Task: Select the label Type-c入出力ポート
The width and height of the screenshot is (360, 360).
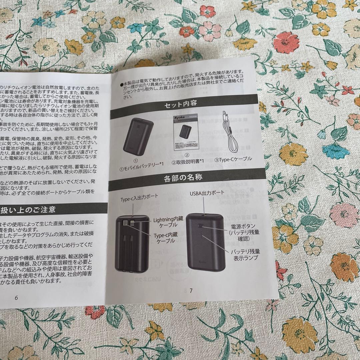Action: click(x=139, y=197)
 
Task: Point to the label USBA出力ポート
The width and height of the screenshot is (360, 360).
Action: click(x=207, y=193)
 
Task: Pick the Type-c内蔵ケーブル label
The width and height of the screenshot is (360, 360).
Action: click(x=165, y=237)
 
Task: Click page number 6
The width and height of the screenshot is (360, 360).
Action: click(x=16, y=298)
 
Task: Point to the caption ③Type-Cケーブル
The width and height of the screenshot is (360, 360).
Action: click(x=233, y=159)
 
